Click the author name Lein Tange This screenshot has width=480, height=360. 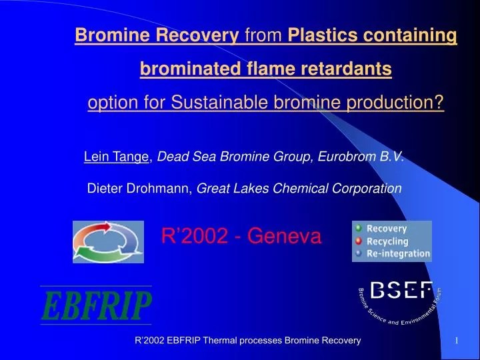click(x=117, y=157)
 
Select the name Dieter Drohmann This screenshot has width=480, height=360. click(x=139, y=189)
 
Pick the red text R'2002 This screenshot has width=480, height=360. click(x=190, y=235)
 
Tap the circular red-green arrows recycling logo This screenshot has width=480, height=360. click(x=108, y=241)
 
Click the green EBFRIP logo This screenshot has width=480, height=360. click(x=96, y=307)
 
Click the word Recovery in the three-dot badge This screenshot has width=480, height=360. click(x=387, y=229)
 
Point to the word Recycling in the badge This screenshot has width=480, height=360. click(x=387, y=241)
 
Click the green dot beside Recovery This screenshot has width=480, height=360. click(x=359, y=228)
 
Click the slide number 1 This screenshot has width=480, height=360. click(x=457, y=341)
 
